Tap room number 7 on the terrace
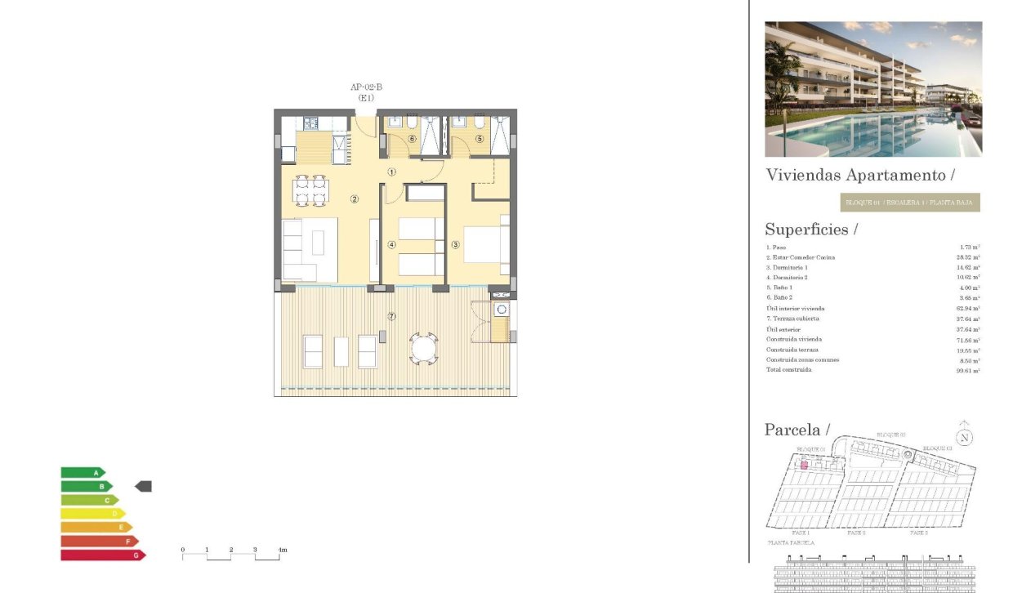pyautogui.click(x=391, y=316)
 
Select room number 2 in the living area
pyautogui.click(x=355, y=198)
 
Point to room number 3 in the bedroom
pyautogui.click(x=456, y=244)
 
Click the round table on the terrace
pyautogui.click(x=424, y=349)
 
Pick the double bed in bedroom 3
pyautogui.click(x=486, y=243)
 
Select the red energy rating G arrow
pyautogui.click(x=103, y=555)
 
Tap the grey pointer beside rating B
pyautogui.click(x=143, y=486)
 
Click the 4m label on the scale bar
pyautogui.click(x=282, y=550)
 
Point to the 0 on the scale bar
pyautogui.click(x=182, y=550)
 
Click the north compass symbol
pyautogui.click(x=965, y=437)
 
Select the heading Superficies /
pyautogui.click(x=810, y=230)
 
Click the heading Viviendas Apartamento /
pyautogui.click(x=860, y=175)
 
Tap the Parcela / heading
pyautogui.click(x=797, y=430)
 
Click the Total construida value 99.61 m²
pyautogui.click(x=968, y=370)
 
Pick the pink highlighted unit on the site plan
pyautogui.click(x=804, y=465)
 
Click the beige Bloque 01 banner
pyautogui.click(x=909, y=203)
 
